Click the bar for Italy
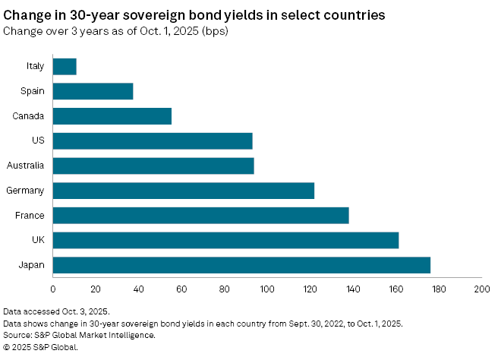click(x=65, y=66)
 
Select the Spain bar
click(x=93, y=91)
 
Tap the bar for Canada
click(x=112, y=116)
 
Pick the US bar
click(x=153, y=141)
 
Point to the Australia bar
click(x=153, y=166)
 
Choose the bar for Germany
click(x=184, y=191)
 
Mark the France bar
click(x=200, y=216)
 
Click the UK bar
click(x=225, y=240)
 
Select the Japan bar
click(x=241, y=265)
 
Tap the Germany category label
click(x=25, y=191)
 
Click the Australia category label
click(x=25, y=166)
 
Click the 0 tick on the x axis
click(x=53, y=289)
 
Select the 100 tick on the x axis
click(x=267, y=289)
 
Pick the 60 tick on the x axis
click(x=181, y=289)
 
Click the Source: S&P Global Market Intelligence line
click(x=79, y=335)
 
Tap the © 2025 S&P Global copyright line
click(x=41, y=347)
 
